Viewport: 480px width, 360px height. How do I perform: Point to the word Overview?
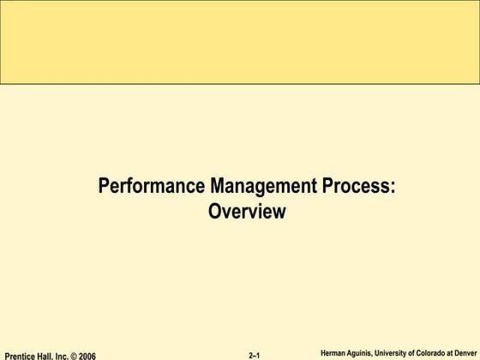coord(246,210)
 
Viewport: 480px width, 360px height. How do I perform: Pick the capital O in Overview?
coord(214,210)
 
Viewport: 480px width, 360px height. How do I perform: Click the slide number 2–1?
coord(255,355)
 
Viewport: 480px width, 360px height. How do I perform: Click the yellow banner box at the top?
coord(240,43)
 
